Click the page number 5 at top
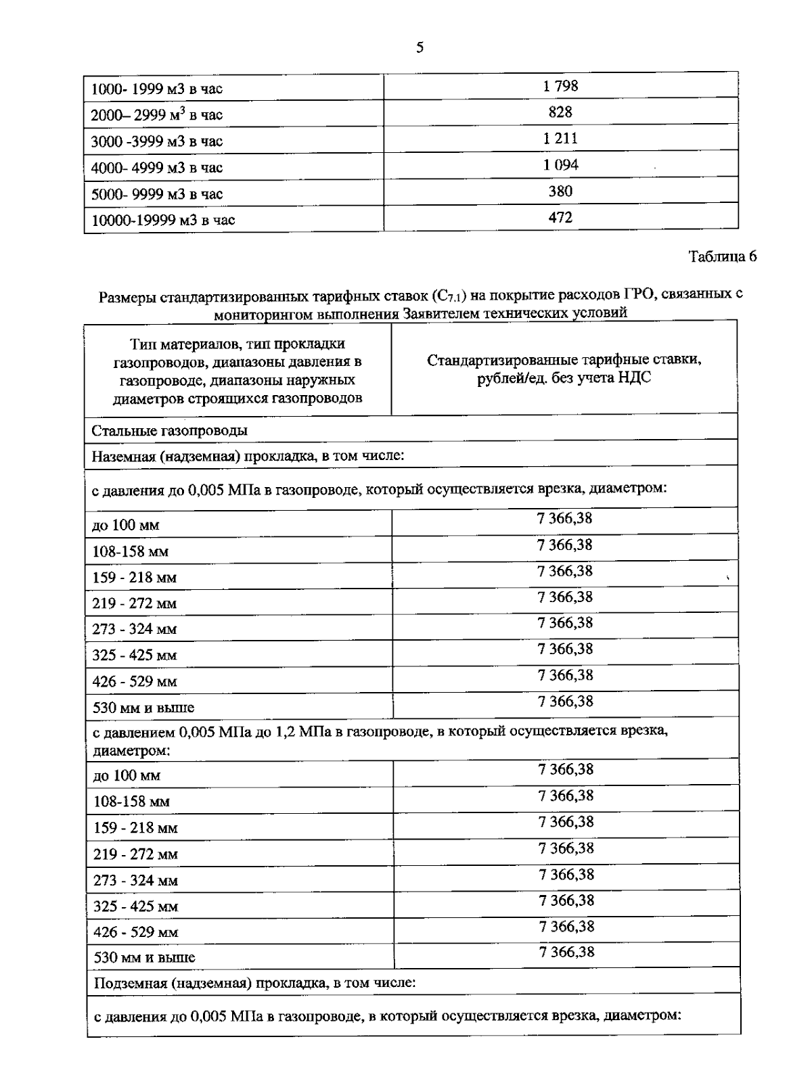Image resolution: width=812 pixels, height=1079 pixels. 420,47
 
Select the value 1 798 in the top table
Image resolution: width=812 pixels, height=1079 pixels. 560,86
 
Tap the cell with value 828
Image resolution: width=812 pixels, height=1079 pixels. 560,112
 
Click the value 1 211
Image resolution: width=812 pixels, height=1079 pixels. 560,139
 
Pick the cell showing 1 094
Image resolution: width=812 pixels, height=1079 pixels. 560,165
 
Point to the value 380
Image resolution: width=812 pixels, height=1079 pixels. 560,191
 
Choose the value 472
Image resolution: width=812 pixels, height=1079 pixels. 560,218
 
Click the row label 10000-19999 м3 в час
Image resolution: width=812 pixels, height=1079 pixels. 163,220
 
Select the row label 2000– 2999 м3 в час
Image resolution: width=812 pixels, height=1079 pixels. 156,115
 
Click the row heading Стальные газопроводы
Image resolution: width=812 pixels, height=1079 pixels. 169,430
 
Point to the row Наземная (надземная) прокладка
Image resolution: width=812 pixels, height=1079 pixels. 248,456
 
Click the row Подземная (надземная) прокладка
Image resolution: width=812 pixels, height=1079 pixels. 253,982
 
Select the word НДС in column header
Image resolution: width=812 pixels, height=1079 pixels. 636,378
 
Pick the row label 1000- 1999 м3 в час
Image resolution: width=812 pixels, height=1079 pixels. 156,89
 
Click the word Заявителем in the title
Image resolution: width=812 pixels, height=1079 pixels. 435,313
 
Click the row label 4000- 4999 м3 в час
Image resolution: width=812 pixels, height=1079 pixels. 156,168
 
